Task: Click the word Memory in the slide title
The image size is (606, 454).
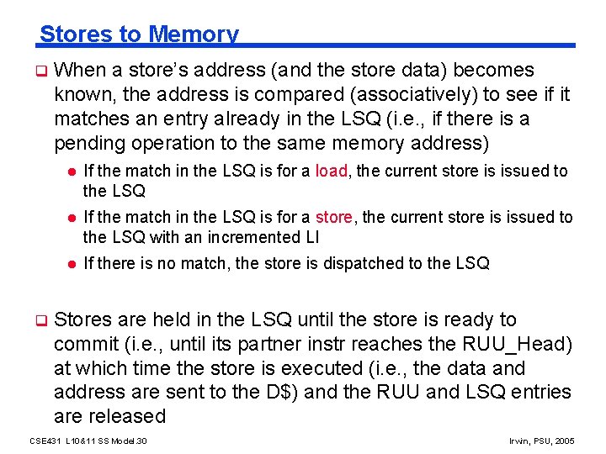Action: [x=193, y=34]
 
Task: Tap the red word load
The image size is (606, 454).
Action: [x=332, y=172]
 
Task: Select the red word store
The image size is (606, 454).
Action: [x=335, y=217]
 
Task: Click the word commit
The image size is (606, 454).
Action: [x=85, y=344]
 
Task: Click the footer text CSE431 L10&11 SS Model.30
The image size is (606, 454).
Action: [x=88, y=441]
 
